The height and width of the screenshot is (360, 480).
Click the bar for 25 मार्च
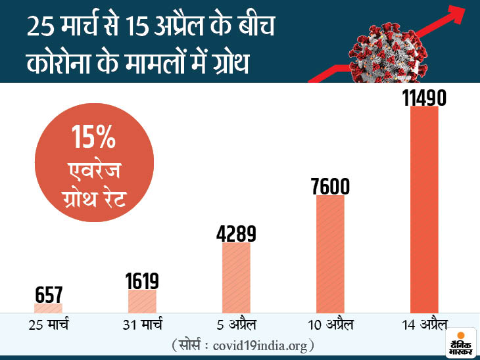pos(48,307)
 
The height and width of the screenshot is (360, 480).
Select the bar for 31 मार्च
pos(142,302)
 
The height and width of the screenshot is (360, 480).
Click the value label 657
pos(48,294)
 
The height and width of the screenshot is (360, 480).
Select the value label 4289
pos(236,234)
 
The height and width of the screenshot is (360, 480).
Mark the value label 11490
pos(424,98)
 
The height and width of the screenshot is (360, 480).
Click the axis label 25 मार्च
pos(48,325)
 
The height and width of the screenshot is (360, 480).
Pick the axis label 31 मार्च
pos(142,325)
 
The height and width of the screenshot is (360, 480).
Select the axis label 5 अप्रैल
pos(236,325)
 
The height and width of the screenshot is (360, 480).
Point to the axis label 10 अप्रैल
pos(330,325)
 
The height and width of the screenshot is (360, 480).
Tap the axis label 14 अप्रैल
pos(424,325)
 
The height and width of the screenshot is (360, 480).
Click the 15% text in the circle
pos(95,140)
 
